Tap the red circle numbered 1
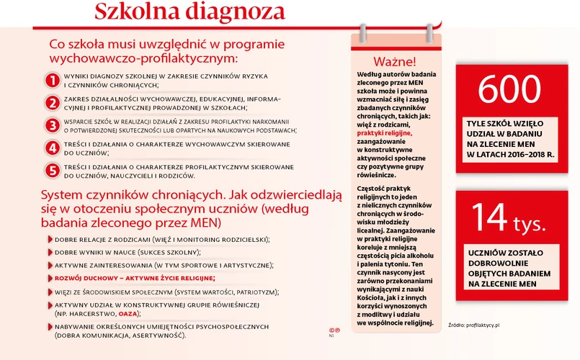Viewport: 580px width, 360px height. pos(52,79)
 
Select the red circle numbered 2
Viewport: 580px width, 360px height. pos(52,102)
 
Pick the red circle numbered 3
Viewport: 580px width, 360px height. pos(52,125)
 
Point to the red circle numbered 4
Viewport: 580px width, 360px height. pos(52,148)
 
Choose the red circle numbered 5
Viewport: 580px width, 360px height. pos(52,171)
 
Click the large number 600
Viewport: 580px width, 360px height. pos(509,90)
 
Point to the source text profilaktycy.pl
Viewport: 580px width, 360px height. pos(486,325)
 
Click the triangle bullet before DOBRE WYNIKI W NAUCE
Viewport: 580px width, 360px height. pos(50,253)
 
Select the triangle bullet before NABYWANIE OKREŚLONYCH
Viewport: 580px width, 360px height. pos(50,328)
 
